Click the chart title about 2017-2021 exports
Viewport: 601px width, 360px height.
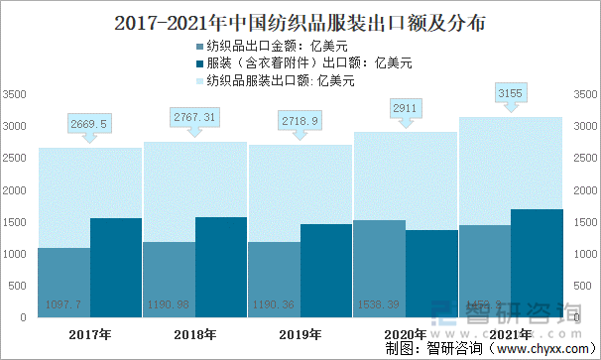point(300,20)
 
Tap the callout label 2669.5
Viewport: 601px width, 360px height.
point(89,123)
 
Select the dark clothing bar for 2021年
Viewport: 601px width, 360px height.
point(537,264)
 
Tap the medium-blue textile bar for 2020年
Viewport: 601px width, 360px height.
point(379,269)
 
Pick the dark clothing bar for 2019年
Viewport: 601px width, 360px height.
point(326,271)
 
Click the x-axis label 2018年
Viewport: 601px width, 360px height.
point(194,333)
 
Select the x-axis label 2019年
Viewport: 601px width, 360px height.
point(300,333)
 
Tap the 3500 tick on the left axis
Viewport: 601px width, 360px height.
point(15,94)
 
